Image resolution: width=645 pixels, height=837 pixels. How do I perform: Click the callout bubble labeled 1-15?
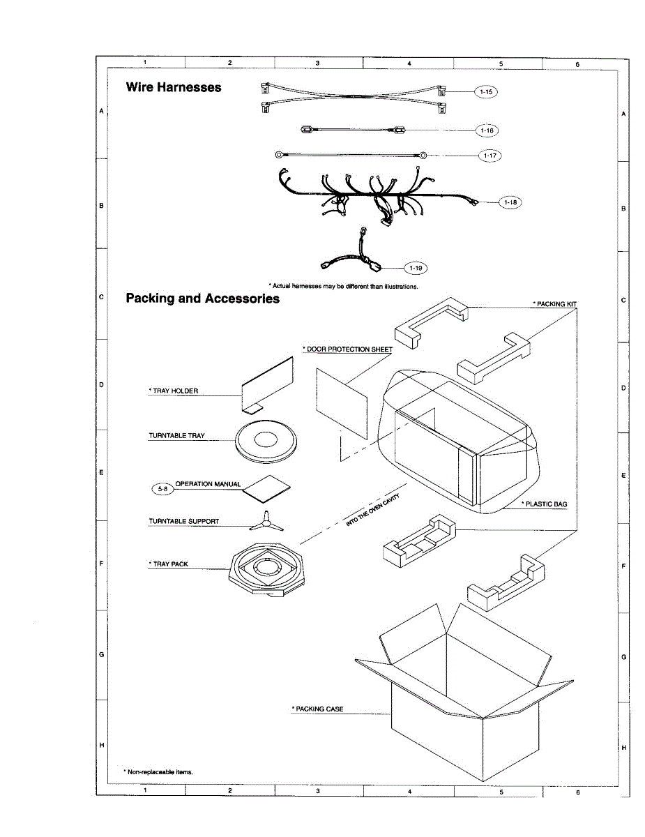[x=486, y=91]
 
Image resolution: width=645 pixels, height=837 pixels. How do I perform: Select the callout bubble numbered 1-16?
[x=487, y=130]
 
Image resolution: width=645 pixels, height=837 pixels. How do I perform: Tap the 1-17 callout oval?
[x=490, y=156]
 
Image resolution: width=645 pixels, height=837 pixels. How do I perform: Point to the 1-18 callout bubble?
[x=510, y=202]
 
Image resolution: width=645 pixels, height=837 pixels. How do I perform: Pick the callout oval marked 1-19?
[x=416, y=267]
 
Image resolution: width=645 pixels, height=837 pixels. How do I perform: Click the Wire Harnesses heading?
[x=174, y=87]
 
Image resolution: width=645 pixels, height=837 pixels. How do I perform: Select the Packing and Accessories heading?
[x=202, y=299]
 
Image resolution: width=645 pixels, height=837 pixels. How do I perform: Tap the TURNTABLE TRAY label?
[x=176, y=436]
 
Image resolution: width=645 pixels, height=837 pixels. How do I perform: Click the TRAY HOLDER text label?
[x=174, y=391]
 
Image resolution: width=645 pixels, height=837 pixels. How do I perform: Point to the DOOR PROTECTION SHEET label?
[x=348, y=349]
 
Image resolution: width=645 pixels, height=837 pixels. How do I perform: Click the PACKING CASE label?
[x=318, y=709]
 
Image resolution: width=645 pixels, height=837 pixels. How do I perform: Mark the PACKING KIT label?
[x=555, y=304]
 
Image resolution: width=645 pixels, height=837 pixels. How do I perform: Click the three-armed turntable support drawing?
[x=266, y=520]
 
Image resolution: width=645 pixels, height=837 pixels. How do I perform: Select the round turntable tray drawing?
[x=266, y=441]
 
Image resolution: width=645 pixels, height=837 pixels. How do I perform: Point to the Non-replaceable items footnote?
[x=158, y=771]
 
